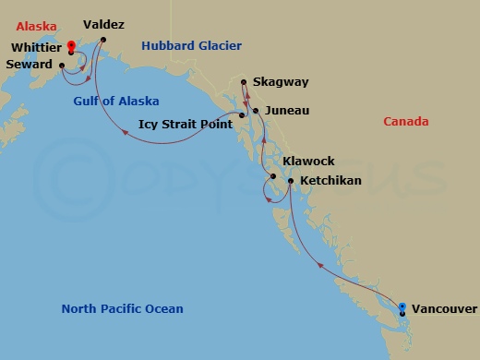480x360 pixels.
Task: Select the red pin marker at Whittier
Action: (x=71, y=44)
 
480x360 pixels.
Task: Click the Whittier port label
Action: (x=37, y=47)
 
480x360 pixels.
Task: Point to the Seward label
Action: (x=28, y=65)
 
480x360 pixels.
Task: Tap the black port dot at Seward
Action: (x=61, y=66)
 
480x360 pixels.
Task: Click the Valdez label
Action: (x=103, y=25)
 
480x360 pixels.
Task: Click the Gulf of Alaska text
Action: (x=116, y=101)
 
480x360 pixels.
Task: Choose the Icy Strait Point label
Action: (x=185, y=123)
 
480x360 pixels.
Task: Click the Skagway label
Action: (x=282, y=82)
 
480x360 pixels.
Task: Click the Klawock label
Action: (x=308, y=161)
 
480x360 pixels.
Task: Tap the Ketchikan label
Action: (x=330, y=181)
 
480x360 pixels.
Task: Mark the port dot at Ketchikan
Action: (x=291, y=181)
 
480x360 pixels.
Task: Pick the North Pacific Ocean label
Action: (x=122, y=309)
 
